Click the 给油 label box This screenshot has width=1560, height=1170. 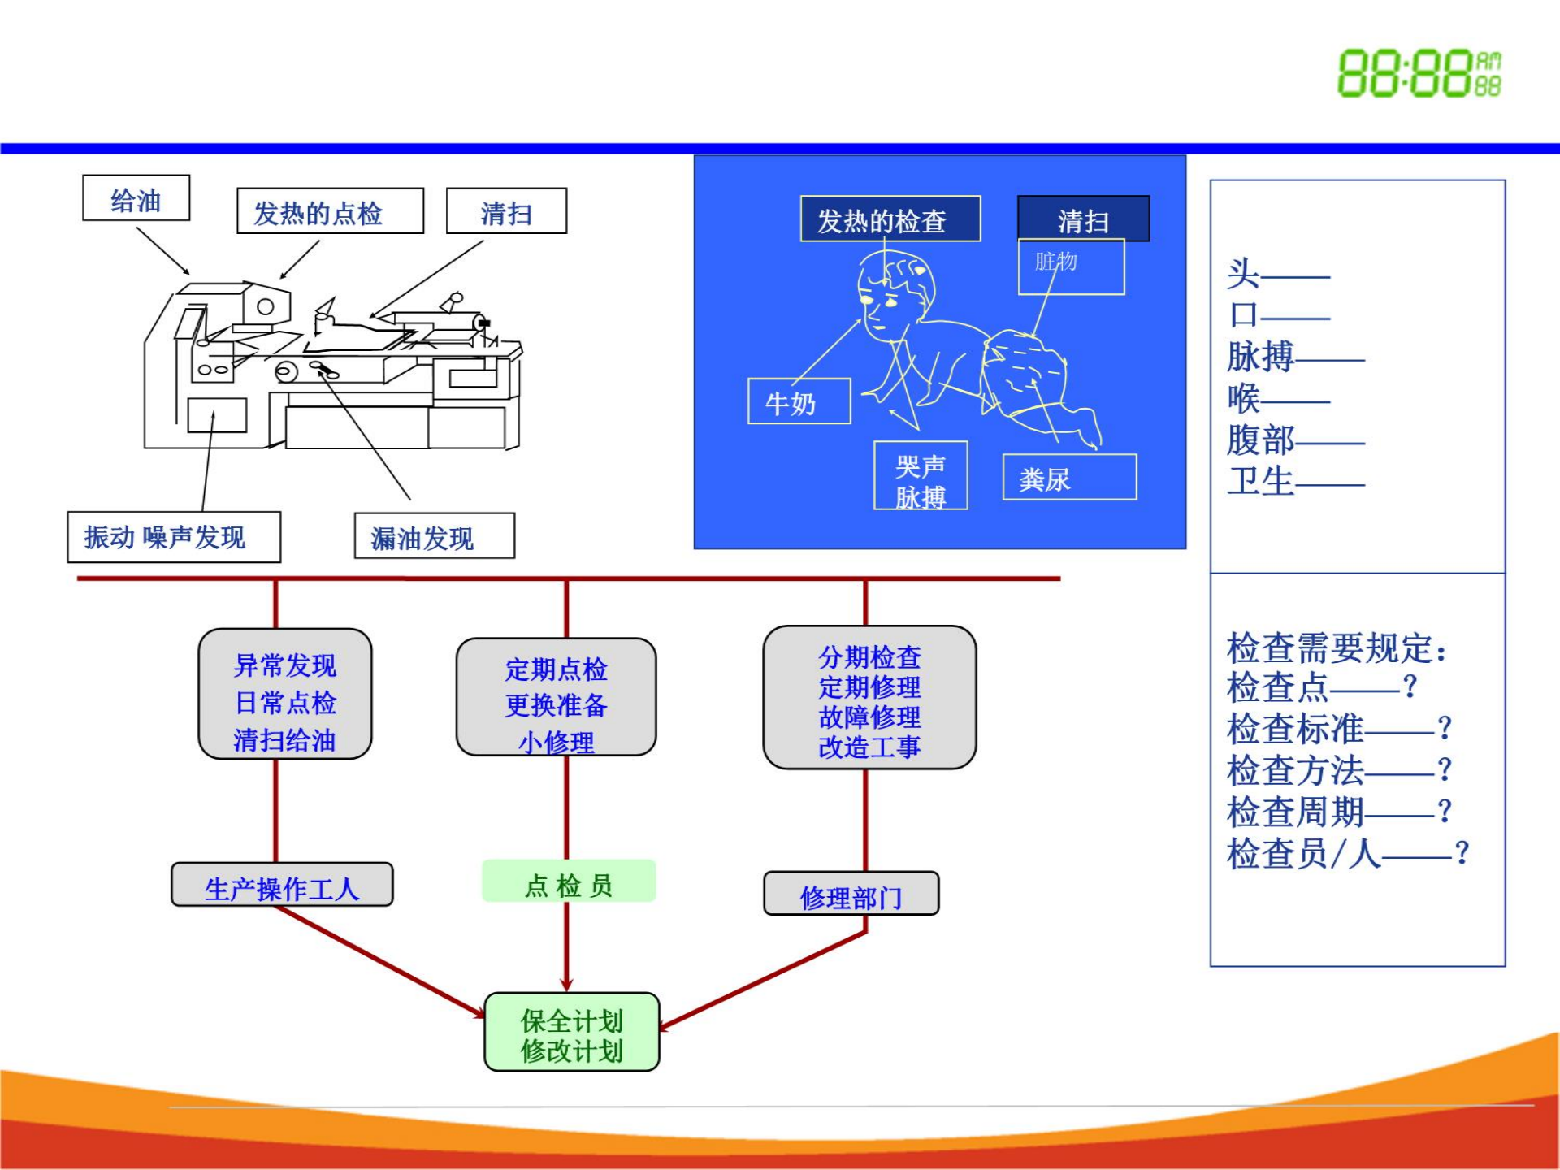tap(136, 197)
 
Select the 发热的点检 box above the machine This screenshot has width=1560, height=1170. tap(330, 211)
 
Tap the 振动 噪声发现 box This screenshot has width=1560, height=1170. tap(174, 537)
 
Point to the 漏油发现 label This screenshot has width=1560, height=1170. tap(435, 535)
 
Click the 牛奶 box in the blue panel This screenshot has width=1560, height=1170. tap(799, 401)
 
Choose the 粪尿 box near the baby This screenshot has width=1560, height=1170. tap(1069, 477)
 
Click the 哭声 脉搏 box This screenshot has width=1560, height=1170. tap(921, 476)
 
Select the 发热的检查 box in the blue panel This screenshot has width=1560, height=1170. tap(890, 219)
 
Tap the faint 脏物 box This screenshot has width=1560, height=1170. tap(1071, 266)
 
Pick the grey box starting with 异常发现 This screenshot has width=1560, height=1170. tap(285, 694)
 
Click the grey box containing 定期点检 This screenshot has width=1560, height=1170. tap(557, 697)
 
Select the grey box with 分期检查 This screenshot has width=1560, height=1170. tap(869, 697)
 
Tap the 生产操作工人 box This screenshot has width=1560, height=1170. tap(282, 885)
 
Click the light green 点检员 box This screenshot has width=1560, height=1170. tap(569, 882)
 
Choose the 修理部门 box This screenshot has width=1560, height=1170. tap(851, 894)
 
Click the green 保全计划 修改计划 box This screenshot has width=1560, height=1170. tap(572, 1032)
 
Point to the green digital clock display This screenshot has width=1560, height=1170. tap(1419, 73)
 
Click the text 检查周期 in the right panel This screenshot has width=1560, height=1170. tap(1295, 811)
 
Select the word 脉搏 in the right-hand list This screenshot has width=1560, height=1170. tap(1260, 357)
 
